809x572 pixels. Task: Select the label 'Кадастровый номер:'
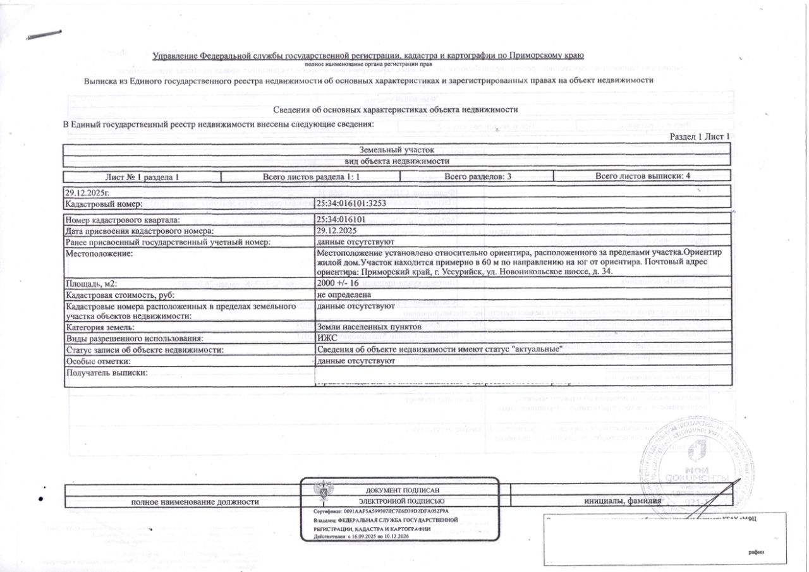point(104,204)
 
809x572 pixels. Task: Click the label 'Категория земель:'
point(100,327)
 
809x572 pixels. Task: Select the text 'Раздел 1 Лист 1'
point(700,137)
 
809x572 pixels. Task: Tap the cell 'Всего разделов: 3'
point(477,177)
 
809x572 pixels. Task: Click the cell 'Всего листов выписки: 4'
point(642,177)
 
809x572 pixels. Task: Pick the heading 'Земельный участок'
point(397,150)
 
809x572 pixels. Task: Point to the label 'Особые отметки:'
point(98,361)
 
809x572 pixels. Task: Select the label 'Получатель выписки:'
point(106,373)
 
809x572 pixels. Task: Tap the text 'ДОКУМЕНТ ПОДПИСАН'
point(402,490)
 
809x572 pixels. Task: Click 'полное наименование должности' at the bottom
point(195,502)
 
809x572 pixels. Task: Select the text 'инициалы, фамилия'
point(623,501)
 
